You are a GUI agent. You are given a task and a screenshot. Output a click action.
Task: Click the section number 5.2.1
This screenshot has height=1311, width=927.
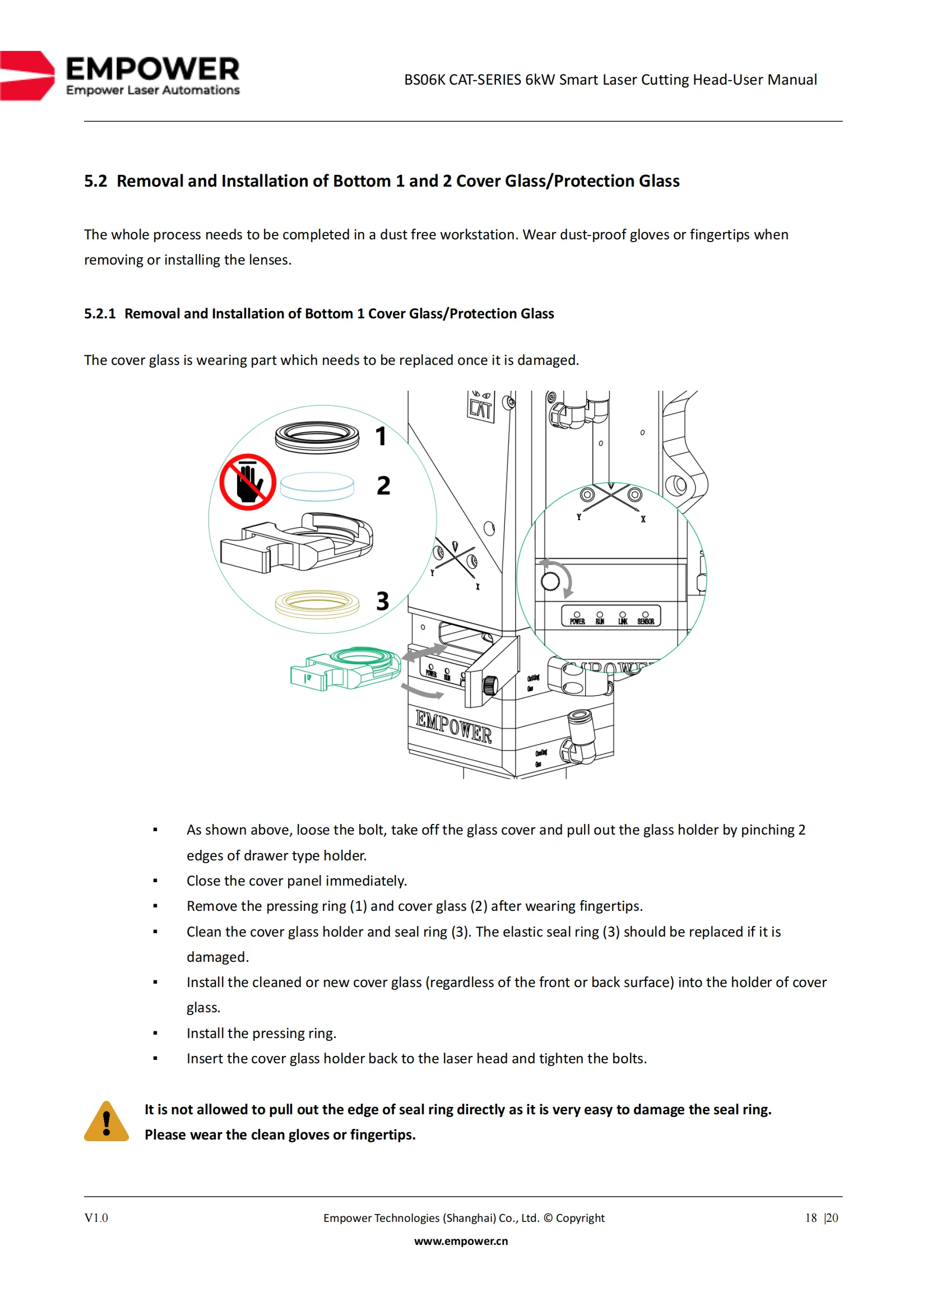(x=100, y=314)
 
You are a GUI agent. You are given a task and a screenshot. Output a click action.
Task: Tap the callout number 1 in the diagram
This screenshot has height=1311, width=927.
(x=381, y=437)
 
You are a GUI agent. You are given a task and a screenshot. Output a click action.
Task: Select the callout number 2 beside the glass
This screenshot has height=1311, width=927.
(x=383, y=486)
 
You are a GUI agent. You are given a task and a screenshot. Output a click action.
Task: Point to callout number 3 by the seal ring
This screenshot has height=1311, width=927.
(x=382, y=601)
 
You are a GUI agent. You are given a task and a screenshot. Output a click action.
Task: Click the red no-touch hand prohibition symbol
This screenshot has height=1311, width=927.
(x=248, y=482)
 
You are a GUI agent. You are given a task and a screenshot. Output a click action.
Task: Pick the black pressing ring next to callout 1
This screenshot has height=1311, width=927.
(x=317, y=437)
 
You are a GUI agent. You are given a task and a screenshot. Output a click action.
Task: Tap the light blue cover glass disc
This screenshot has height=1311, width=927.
(x=317, y=487)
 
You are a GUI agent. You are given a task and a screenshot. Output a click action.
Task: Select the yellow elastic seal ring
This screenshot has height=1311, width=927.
(x=317, y=604)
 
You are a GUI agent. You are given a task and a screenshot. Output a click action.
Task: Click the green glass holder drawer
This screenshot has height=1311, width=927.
(x=346, y=669)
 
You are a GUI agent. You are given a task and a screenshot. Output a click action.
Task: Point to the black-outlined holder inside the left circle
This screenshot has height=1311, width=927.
(x=297, y=543)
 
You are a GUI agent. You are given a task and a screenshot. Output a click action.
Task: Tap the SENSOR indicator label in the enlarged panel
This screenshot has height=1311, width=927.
(x=646, y=621)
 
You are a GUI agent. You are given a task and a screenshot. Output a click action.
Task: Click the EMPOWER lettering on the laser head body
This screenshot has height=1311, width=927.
(x=453, y=727)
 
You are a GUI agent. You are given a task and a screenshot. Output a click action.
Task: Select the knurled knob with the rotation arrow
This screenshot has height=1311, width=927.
(x=550, y=581)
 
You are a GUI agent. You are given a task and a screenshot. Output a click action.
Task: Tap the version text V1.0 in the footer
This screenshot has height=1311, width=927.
(x=96, y=1218)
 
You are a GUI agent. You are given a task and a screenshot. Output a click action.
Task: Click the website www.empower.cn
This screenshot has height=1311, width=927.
(x=461, y=1241)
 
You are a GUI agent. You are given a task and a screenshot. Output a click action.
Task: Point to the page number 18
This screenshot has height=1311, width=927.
(x=811, y=1218)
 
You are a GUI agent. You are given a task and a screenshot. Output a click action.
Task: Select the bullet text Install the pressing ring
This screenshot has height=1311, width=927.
(x=261, y=1034)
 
